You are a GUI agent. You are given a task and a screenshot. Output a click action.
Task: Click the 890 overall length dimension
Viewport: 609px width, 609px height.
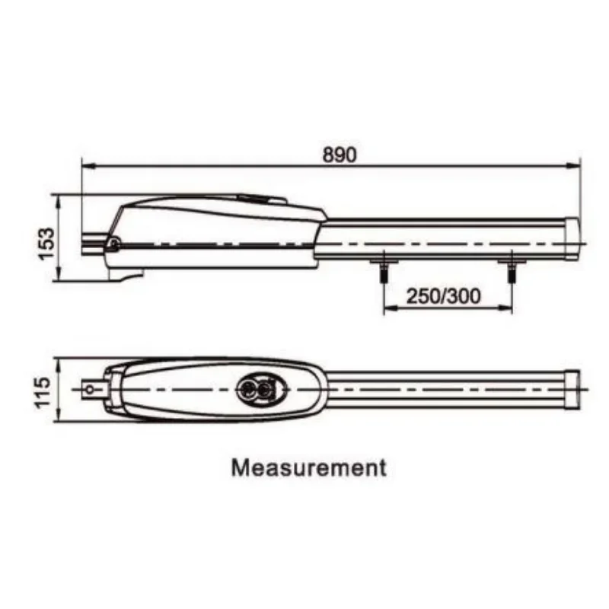click(x=339, y=155)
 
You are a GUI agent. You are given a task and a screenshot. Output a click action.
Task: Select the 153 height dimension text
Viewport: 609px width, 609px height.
click(x=46, y=244)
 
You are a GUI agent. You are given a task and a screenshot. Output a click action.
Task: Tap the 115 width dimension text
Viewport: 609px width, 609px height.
click(x=43, y=391)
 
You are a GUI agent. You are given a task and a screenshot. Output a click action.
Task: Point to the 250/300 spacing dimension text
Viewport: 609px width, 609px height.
click(x=443, y=296)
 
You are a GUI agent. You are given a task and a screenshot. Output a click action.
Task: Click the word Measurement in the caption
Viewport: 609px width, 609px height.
click(x=309, y=467)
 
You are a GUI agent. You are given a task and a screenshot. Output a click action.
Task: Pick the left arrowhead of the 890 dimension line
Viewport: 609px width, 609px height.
click(x=88, y=166)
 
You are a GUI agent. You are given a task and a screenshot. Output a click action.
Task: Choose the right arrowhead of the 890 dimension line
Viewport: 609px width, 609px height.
click(x=574, y=166)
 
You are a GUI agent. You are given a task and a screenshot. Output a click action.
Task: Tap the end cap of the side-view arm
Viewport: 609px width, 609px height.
click(x=572, y=239)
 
